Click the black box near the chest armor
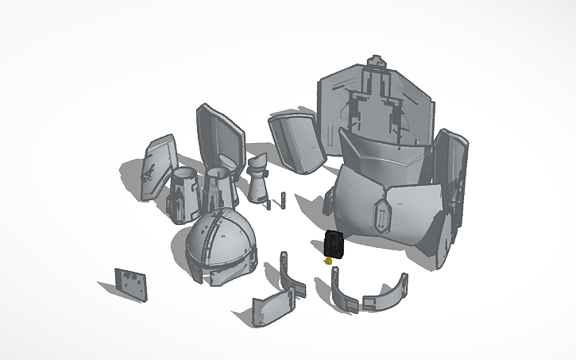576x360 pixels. [x=334, y=244]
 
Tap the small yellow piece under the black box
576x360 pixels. [x=329, y=260]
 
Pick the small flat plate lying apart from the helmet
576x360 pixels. [x=131, y=284]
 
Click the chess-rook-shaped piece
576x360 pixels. [x=257, y=179]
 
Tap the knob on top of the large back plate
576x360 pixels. [x=377, y=61]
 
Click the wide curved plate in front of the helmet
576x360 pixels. [x=273, y=306]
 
